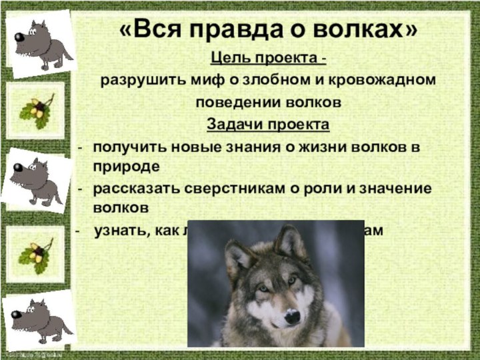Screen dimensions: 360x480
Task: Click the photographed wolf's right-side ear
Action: click(x=291, y=241)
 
